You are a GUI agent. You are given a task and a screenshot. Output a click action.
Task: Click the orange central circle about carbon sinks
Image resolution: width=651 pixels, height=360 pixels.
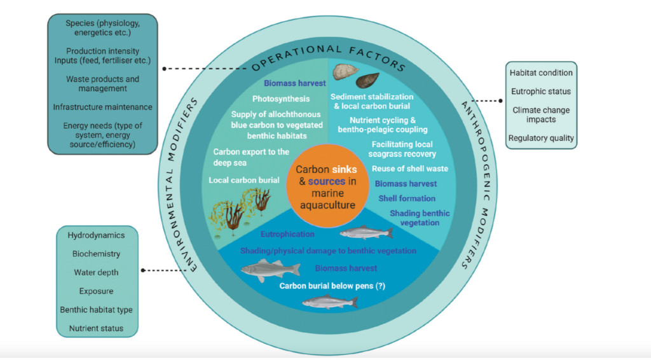pos(326,185)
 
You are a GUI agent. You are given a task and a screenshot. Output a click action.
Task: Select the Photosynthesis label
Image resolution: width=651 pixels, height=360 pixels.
pos(281,99)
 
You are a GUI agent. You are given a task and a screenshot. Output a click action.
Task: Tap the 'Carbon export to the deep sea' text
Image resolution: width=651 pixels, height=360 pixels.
pos(251,156)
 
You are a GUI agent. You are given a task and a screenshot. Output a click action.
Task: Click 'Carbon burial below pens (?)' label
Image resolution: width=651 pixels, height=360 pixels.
pos(332,286)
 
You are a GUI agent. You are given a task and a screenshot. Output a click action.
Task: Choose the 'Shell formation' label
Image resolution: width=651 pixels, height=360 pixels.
pos(407,198)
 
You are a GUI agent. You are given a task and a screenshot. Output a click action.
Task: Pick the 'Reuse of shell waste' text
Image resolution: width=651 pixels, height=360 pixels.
pos(410,169)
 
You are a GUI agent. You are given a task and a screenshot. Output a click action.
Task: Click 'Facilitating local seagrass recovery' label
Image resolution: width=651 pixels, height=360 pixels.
pos(404,149)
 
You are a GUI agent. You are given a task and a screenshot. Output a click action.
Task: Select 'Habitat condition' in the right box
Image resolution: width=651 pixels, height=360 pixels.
pos(541,73)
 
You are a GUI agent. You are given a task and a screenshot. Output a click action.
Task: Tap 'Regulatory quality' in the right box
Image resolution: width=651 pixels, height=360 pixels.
pos(541,138)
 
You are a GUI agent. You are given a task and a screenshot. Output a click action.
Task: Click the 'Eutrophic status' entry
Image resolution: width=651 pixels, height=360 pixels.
pos(541,92)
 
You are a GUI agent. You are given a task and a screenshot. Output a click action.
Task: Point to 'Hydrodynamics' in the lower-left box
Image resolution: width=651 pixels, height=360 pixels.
pos(96,235)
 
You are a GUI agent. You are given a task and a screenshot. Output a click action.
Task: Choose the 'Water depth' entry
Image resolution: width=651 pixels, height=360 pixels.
pos(96,272)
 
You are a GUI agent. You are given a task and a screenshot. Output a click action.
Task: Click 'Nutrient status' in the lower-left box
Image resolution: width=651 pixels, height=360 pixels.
pos(96,329)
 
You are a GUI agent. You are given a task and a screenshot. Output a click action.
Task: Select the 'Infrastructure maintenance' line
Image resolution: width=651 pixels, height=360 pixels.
pos(102,107)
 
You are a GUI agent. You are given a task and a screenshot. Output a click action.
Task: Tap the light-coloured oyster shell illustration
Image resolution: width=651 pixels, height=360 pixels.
pos(346,71)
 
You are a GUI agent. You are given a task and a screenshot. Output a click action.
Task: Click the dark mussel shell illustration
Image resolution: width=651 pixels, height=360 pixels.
pos(368,81)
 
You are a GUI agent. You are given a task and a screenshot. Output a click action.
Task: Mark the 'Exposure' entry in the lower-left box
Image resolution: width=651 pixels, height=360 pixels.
pos(96,291)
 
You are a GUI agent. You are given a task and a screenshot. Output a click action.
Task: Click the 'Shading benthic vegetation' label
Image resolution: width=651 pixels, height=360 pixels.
pos(419,218)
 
